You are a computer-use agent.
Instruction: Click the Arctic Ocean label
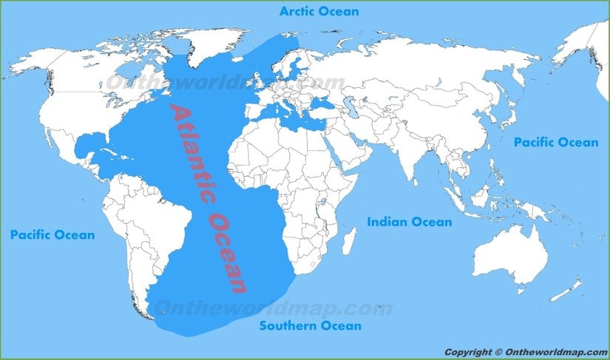click(319, 11)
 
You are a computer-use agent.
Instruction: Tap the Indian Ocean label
click(409, 222)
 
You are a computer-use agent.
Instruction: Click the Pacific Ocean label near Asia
click(556, 142)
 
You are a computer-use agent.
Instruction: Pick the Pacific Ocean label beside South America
click(52, 235)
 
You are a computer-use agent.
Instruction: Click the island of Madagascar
click(349, 241)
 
